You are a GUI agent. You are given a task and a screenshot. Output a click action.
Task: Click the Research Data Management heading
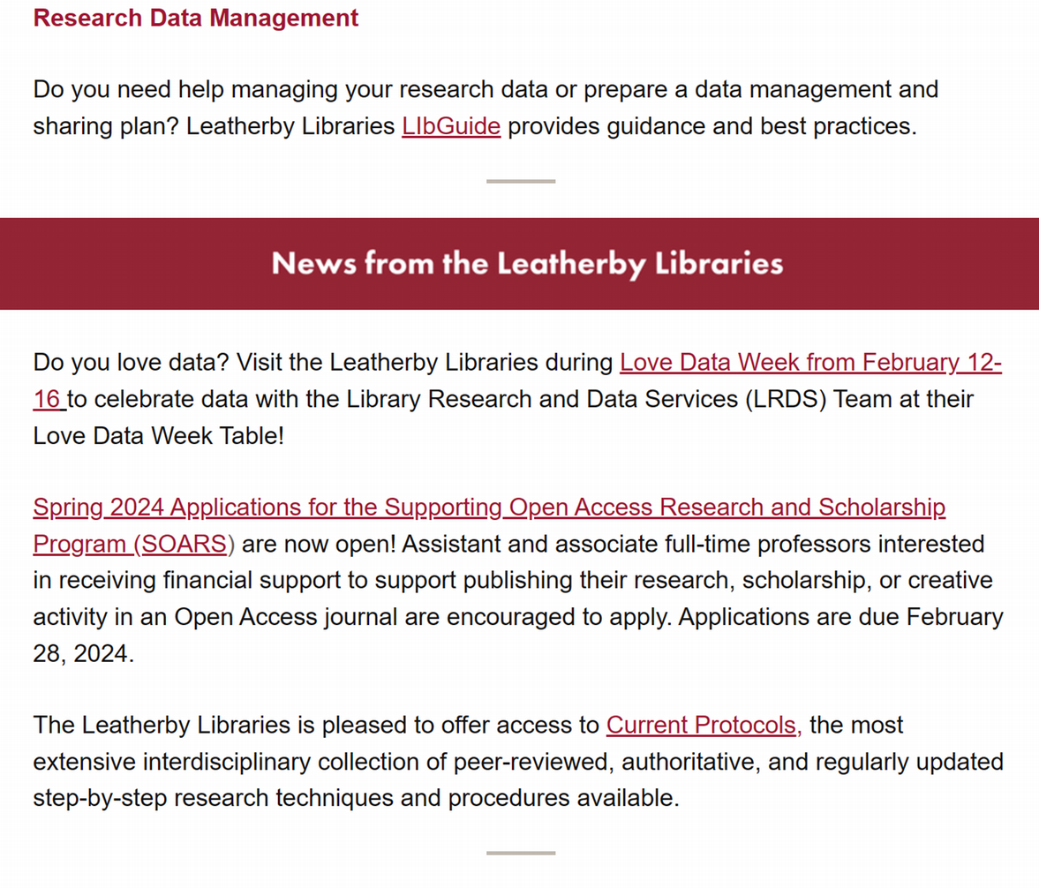point(196,18)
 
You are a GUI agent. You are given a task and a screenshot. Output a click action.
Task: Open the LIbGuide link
point(451,126)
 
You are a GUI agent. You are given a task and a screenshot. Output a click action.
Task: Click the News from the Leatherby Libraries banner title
point(527,264)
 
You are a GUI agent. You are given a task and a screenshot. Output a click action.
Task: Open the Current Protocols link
point(704,726)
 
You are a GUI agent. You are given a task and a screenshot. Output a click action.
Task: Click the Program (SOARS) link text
point(132,544)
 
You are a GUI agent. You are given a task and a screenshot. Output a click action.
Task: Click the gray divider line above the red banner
point(521,181)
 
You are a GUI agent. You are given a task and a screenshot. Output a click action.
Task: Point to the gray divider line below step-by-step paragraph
point(521,853)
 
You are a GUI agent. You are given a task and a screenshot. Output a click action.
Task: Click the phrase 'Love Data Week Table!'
point(159,435)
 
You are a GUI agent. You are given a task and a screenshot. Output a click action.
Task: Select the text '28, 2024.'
point(83,654)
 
